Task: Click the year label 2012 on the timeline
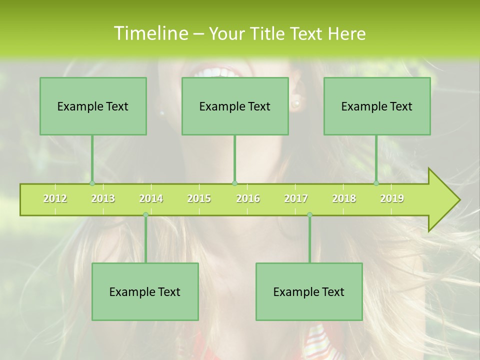coord(55,198)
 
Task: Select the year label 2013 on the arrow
coord(103,198)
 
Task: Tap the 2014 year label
coord(151,198)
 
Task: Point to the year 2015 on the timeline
coord(199,198)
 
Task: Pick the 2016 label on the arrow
coord(248,198)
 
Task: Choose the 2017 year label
coord(296,198)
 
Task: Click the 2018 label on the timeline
coord(344,198)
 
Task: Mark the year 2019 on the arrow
coord(392,198)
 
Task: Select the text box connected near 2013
coord(93,106)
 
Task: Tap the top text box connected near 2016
coord(235,106)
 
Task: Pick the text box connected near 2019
coord(377,106)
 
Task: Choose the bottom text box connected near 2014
coord(145,291)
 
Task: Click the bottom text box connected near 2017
coord(309,291)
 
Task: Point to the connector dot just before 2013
coord(92,183)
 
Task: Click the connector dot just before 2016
coord(234,183)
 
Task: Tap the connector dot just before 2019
coord(376,183)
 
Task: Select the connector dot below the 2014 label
coord(145,214)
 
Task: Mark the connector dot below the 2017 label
coord(309,214)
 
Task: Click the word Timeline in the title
coord(150,33)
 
